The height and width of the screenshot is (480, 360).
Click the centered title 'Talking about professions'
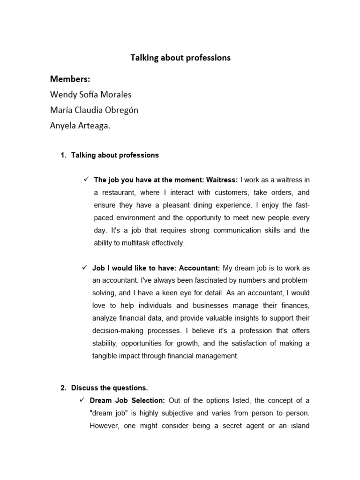click(180, 58)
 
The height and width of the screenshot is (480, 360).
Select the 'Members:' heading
click(70, 79)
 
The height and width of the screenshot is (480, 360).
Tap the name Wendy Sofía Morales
click(90, 95)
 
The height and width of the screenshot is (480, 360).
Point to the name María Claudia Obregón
click(94, 110)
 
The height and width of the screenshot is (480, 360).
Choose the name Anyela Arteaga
click(80, 126)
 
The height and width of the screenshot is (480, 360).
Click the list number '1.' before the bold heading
click(64, 155)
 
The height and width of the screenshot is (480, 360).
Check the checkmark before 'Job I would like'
click(85, 268)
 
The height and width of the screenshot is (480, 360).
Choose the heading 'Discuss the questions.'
click(109, 388)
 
